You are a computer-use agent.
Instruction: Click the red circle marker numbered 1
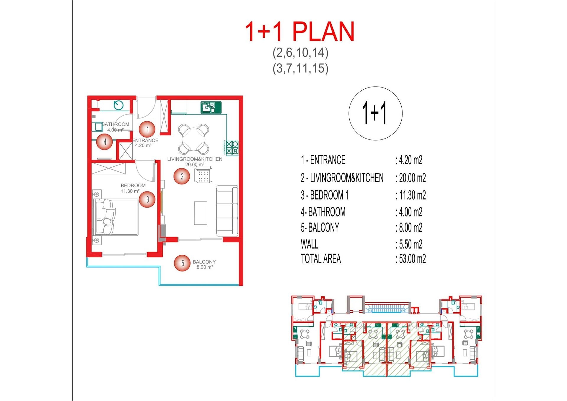click(147, 129)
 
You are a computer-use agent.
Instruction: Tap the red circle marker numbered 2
click(182, 176)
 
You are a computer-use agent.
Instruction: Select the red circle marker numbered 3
click(147, 199)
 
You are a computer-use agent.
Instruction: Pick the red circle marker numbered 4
click(105, 142)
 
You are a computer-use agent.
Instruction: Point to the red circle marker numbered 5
click(182, 263)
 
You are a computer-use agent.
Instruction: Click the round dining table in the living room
click(194, 139)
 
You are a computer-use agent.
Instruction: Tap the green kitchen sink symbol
click(211, 107)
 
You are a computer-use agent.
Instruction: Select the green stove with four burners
click(232, 147)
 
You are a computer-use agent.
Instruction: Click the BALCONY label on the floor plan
click(204, 262)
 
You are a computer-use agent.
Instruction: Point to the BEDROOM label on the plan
click(133, 185)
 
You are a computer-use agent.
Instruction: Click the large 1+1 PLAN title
click(300, 31)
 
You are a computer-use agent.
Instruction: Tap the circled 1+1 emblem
click(375, 113)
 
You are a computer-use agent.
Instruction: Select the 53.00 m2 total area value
click(413, 259)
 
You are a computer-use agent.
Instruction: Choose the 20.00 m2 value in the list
click(413, 178)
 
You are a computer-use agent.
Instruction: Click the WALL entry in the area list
click(309, 244)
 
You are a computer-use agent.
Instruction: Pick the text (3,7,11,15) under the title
click(301, 68)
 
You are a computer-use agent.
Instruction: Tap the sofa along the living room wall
click(227, 211)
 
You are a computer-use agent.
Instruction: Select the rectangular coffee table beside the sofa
click(201, 213)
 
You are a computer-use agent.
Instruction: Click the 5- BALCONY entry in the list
click(320, 228)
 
